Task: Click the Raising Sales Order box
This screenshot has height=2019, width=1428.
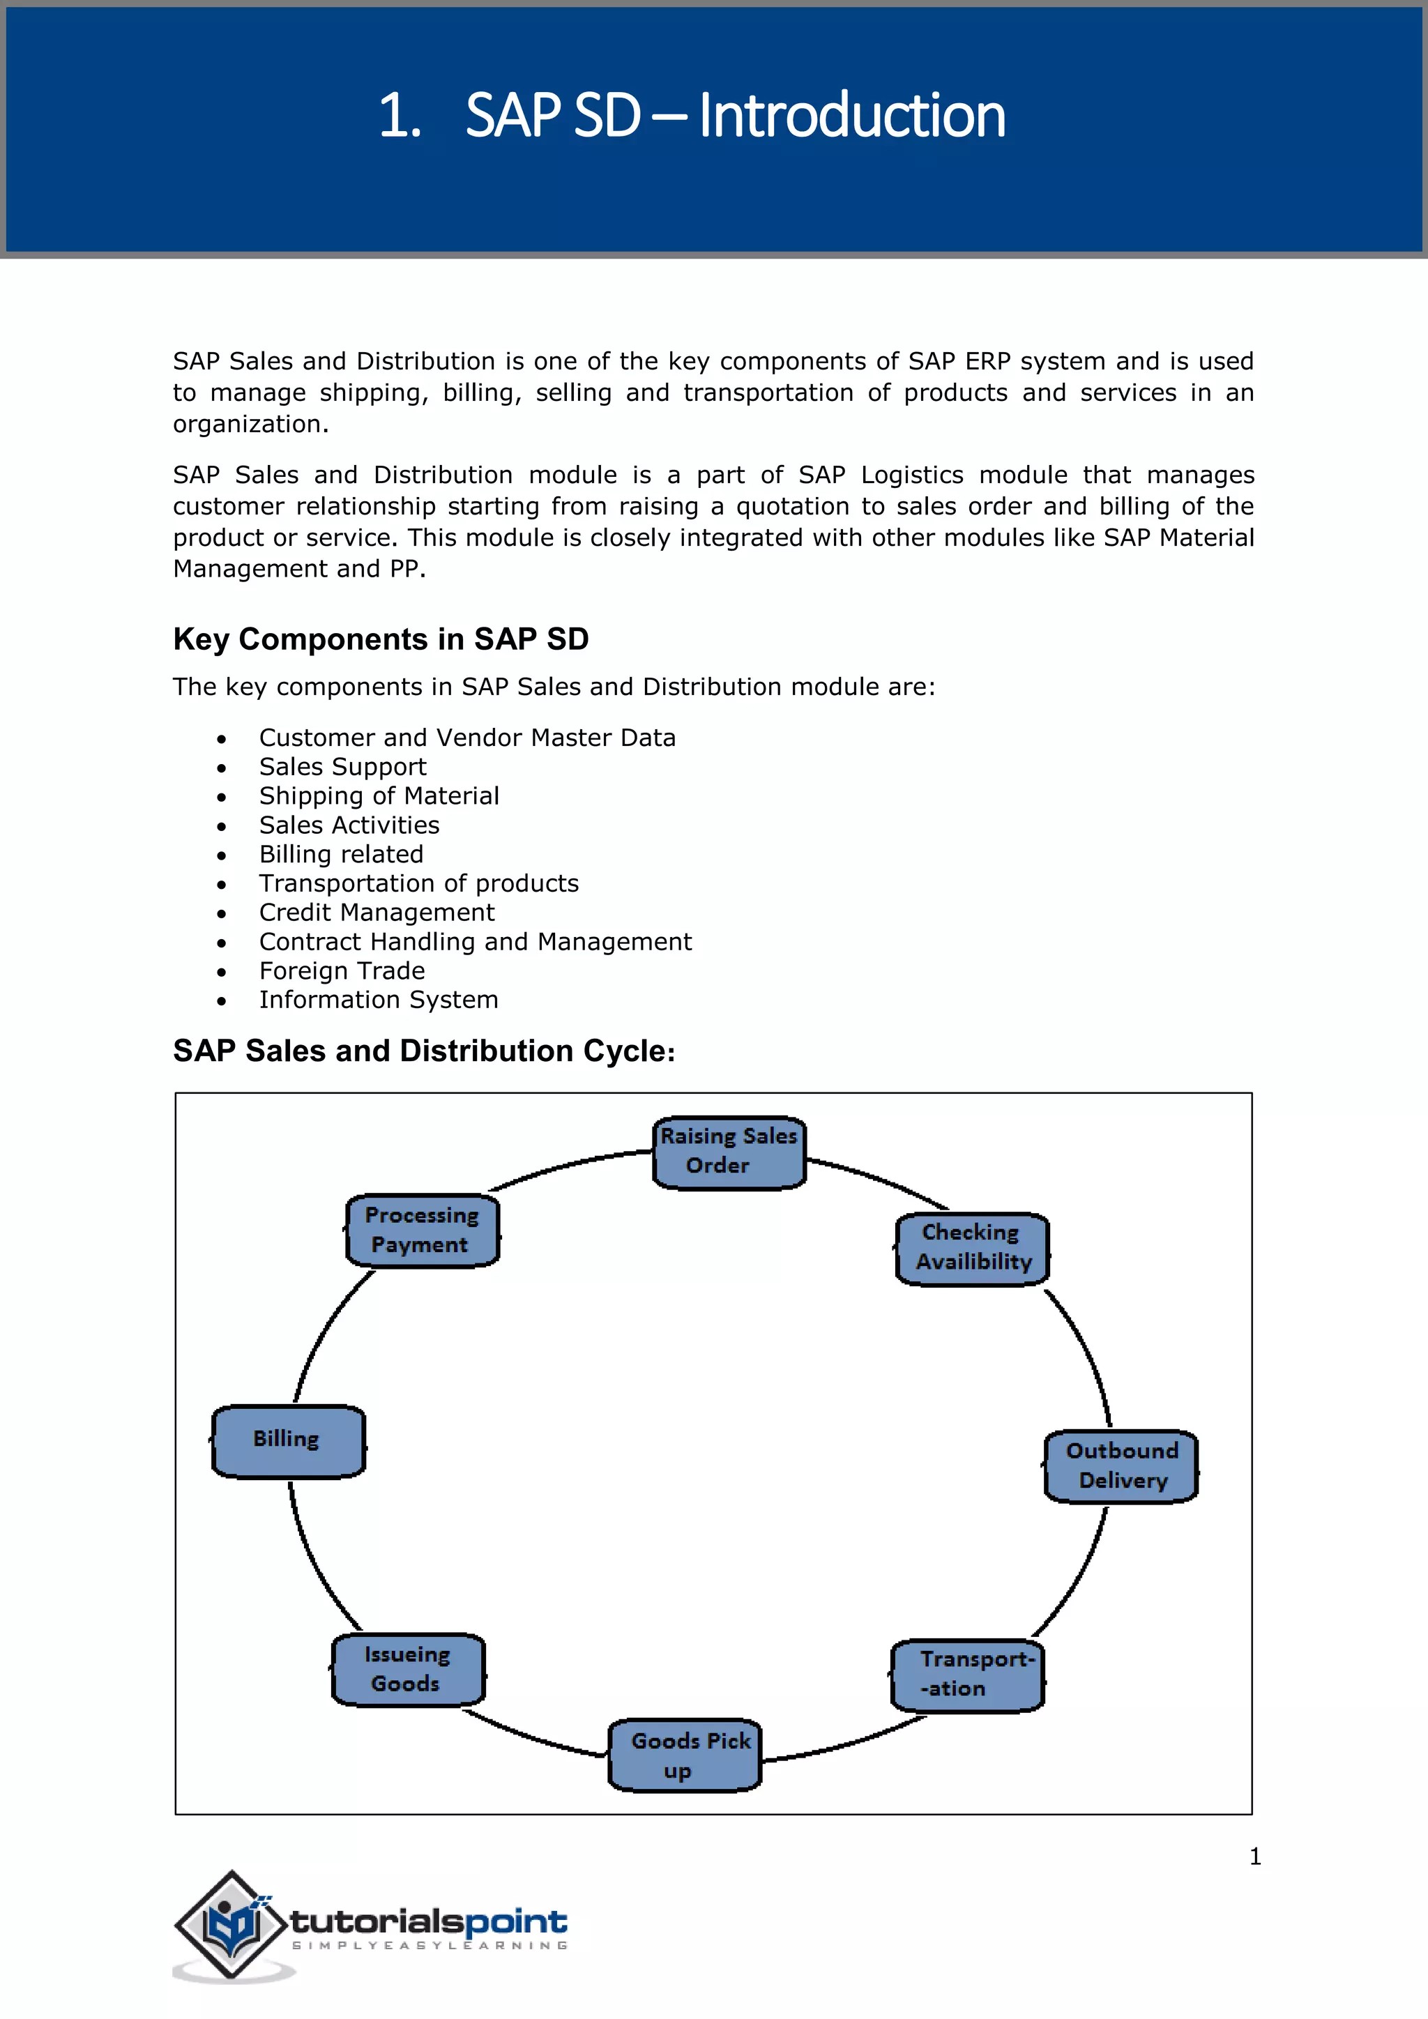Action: (728, 1153)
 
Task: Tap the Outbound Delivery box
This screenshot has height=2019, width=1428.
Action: (1121, 1466)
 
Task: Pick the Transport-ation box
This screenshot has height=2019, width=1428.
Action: (967, 1675)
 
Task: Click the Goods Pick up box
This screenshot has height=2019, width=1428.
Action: (684, 1755)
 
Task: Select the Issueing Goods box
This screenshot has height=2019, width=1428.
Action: (408, 1670)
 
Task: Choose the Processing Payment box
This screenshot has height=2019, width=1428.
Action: (422, 1231)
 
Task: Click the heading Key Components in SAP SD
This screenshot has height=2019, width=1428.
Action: (381, 639)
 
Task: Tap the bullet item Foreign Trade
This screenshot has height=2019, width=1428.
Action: (342, 971)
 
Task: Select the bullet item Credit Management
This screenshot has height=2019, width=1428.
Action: (377, 913)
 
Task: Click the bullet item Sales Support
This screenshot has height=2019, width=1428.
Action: (342, 767)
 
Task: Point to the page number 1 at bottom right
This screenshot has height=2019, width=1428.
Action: (1255, 1857)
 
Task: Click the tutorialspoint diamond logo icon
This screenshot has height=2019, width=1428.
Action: (232, 1925)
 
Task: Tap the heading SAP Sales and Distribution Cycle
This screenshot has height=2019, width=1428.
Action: (424, 1051)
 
